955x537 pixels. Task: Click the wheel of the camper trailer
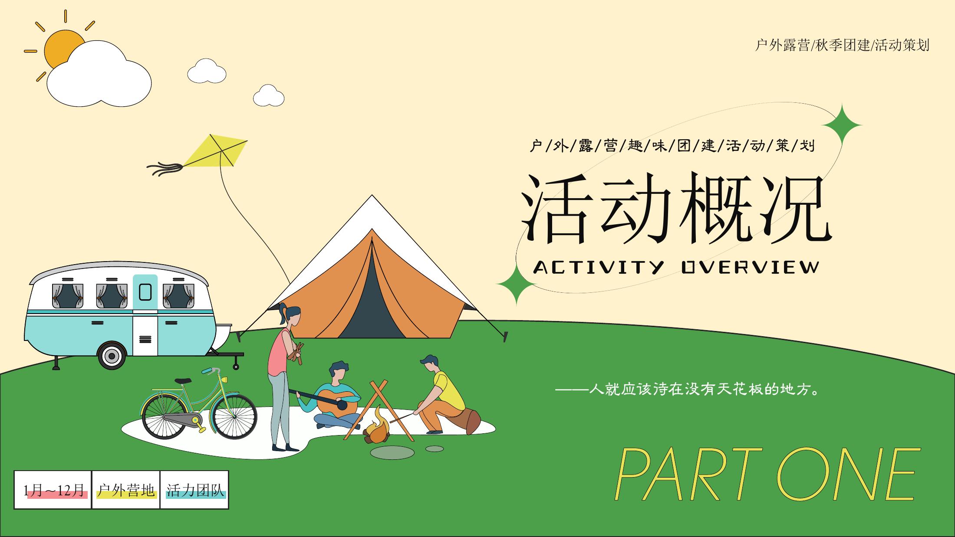(112, 356)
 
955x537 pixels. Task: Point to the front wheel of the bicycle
(235, 416)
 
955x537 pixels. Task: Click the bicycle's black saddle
(183, 381)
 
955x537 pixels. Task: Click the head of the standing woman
(292, 315)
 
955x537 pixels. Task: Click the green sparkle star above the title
(842, 125)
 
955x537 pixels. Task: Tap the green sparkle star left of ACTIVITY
(517, 284)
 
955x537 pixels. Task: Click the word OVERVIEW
(750, 267)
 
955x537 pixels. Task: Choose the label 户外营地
(126, 490)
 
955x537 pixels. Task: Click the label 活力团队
(195, 490)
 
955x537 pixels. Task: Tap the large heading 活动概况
(675, 209)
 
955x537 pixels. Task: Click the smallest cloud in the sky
(269, 95)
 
